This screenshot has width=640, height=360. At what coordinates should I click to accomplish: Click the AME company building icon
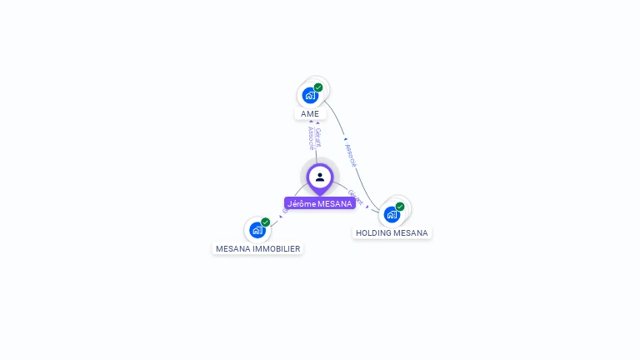pyautogui.click(x=310, y=95)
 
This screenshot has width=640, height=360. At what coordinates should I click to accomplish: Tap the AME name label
pyautogui.click(x=310, y=113)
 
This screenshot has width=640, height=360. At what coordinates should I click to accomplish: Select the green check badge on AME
pyautogui.click(x=318, y=87)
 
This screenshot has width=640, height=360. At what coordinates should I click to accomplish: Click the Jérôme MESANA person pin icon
pyautogui.click(x=320, y=177)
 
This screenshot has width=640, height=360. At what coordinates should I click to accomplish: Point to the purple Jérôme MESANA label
pyautogui.click(x=320, y=203)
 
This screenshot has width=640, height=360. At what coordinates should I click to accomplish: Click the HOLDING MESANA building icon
pyautogui.click(x=392, y=214)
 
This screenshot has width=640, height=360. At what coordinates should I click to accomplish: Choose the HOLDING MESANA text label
pyautogui.click(x=392, y=233)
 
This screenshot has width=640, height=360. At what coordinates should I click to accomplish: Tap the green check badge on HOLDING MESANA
pyautogui.click(x=400, y=206)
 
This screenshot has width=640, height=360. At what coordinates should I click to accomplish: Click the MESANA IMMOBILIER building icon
pyautogui.click(x=257, y=230)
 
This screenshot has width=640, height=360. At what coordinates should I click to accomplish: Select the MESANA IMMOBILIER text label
pyautogui.click(x=258, y=248)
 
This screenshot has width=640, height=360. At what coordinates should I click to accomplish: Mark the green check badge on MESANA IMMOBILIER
pyautogui.click(x=266, y=222)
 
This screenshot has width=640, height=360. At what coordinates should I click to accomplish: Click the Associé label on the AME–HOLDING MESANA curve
pyautogui.click(x=351, y=153)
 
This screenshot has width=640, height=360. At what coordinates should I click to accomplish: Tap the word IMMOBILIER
pyautogui.click(x=277, y=248)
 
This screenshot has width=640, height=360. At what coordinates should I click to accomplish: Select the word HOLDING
pyautogui.click(x=373, y=233)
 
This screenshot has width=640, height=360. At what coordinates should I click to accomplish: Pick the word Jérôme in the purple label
pyautogui.click(x=301, y=203)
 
